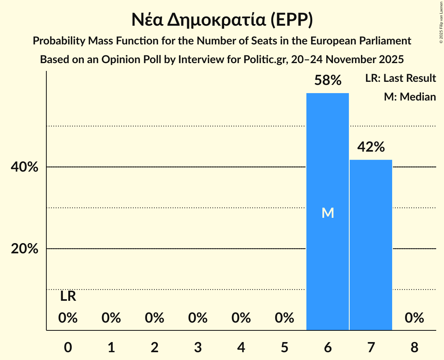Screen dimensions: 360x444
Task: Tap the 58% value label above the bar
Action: (x=328, y=81)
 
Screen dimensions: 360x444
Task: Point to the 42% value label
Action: (x=371, y=147)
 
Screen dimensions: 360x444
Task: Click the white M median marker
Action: (x=328, y=213)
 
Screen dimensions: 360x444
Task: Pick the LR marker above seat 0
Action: (x=68, y=296)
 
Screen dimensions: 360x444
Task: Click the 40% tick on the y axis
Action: (x=25, y=167)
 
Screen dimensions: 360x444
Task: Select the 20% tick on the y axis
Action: (x=25, y=249)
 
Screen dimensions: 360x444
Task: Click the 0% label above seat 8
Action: (x=414, y=318)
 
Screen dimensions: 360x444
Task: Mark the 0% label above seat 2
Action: (x=154, y=318)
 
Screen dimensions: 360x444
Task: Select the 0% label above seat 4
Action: (x=241, y=318)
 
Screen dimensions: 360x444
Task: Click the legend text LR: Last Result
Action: (x=400, y=78)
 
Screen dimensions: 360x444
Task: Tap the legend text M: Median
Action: (x=410, y=97)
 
